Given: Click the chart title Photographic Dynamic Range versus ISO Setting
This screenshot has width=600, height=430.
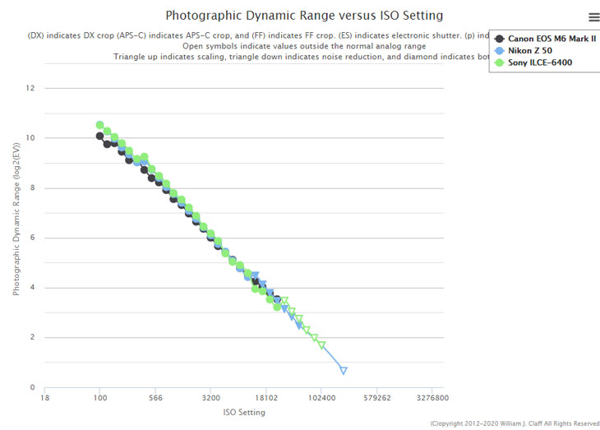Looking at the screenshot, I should point(304,16).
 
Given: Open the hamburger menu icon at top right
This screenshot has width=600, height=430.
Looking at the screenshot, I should point(594,16).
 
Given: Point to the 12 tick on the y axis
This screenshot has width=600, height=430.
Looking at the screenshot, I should point(31,88).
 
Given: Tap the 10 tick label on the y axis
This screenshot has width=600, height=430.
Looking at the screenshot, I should point(31,138).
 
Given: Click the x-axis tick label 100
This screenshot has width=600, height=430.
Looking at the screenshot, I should point(100,398).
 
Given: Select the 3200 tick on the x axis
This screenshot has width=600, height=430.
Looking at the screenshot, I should point(210,398).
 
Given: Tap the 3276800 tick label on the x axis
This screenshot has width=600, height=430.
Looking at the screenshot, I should point(432,398).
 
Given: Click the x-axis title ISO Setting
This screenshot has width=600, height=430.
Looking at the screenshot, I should point(244,412).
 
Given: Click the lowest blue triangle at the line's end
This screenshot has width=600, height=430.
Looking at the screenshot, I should point(344,371).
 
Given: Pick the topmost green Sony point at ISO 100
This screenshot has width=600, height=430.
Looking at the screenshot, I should point(100,125).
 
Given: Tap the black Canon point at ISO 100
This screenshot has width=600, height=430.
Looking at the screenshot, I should point(100,136).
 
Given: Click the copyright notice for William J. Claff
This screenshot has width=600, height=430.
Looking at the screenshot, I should point(514,423).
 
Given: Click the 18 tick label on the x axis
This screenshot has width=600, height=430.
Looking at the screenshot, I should point(45,398).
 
